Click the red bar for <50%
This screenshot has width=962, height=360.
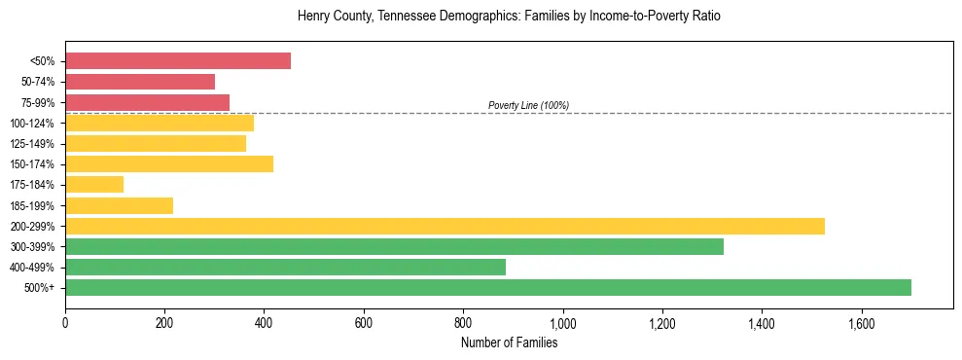(x=178, y=61)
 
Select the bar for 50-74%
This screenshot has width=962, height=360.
(x=140, y=82)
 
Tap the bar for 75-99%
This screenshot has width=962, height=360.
(x=147, y=102)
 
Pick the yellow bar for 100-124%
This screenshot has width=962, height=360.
(x=160, y=123)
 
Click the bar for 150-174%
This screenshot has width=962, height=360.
(x=169, y=163)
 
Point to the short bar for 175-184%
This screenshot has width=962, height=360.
(x=94, y=184)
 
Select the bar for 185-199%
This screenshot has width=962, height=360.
(x=119, y=205)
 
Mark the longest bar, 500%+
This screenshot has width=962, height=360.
(x=488, y=287)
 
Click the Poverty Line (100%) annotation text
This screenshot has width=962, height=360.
(x=528, y=105)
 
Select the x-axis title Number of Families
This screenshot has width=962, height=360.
(x=509, y=342)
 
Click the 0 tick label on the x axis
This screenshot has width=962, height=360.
(x=65, y=322)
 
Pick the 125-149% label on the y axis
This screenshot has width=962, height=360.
(x=32, y=144)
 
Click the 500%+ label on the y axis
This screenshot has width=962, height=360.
(x=39, y=288)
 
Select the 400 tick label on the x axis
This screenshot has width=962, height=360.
(x=264, y=322)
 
